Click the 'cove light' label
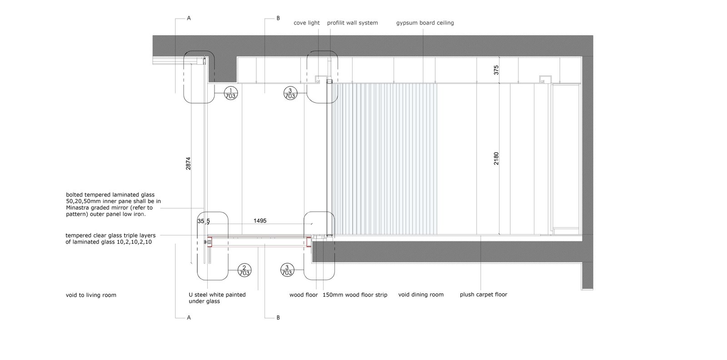307,23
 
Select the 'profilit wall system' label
352,23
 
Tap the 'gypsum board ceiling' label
425,23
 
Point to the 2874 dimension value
189,164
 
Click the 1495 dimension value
260,221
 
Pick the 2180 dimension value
496,158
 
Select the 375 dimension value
496,70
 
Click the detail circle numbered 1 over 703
231,93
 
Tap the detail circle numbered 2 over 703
244,270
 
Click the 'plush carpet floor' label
483,295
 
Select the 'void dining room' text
421,295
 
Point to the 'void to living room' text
91,295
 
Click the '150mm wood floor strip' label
355,295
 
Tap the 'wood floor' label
304,295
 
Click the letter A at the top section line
189,19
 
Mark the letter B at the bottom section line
278,318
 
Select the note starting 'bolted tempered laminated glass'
113,204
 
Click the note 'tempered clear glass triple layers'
110,239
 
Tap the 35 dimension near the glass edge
200,221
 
